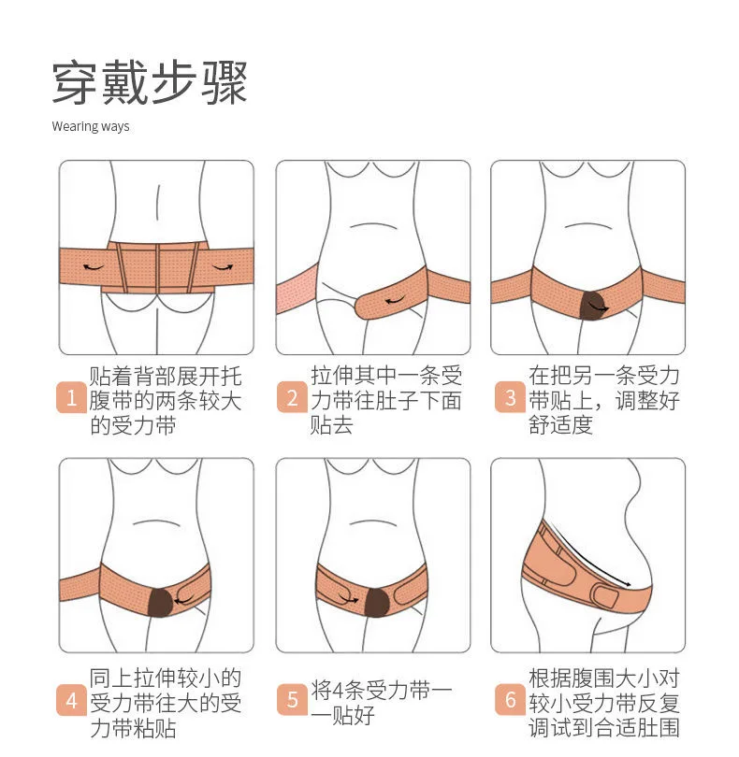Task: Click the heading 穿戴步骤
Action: point(150,83)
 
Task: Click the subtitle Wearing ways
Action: point(91,126)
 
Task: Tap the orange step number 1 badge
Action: point(71,398)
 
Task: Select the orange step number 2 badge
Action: point(292,397)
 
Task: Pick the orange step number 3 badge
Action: point(510,397)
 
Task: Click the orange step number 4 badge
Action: point(71,700)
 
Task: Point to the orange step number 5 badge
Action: point(292,700)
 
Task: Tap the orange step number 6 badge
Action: point(510,700)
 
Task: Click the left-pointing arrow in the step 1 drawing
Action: point(94,267)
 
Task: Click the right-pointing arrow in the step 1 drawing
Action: point(223,267)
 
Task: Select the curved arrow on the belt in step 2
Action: point(395,301)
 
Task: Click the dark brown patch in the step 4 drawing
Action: point(161,602)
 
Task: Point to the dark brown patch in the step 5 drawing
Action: point(377,602)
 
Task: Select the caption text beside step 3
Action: point(604,401)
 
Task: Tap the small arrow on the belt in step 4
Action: point(183,601)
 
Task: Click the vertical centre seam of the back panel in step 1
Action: point(157,268)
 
